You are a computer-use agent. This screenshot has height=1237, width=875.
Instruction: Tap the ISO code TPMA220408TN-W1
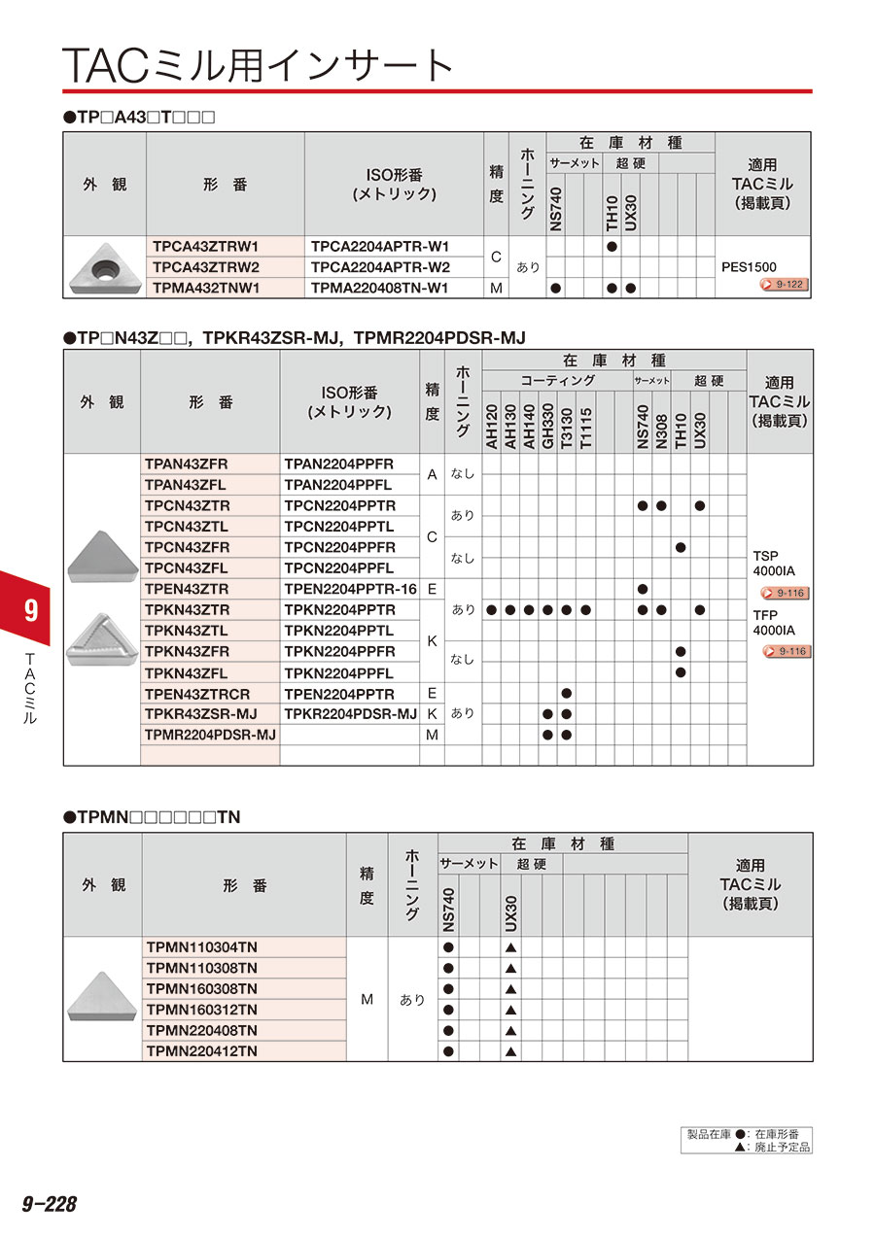380,288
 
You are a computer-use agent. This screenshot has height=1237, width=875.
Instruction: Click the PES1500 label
750,266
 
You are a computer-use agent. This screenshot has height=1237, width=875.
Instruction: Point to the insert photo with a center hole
104,266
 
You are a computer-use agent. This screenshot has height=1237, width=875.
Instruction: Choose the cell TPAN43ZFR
187,464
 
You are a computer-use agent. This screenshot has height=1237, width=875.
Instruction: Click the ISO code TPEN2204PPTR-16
350,589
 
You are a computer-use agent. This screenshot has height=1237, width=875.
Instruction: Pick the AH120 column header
491,426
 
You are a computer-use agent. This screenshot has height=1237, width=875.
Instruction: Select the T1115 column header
585,426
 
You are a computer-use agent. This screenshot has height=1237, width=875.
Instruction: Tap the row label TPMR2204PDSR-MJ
210,735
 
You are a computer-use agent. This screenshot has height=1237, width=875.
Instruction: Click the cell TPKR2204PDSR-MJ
350,714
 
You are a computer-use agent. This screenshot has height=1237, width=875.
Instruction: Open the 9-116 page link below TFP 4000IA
787,651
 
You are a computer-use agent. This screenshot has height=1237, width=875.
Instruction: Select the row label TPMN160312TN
201,1009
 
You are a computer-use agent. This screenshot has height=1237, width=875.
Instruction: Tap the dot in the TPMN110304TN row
448,947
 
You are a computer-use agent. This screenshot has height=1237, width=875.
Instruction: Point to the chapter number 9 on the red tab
30,609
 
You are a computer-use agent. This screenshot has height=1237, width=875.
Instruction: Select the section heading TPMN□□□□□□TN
151,818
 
